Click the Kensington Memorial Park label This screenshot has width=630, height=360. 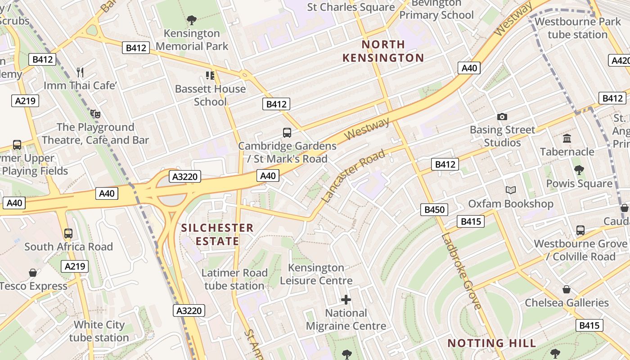point(192,40)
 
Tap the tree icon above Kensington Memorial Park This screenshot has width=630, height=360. point(192,20)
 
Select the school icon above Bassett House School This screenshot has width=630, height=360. point(210,75)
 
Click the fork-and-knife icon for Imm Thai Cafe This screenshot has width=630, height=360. point(80,72)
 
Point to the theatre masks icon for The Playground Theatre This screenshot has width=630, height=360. point(94,113)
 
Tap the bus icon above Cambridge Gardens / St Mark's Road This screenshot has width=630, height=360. point(287,132)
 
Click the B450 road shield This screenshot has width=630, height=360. point(434,209)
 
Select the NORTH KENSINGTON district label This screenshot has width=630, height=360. point(383,51)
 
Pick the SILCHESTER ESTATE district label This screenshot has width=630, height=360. point(217,234)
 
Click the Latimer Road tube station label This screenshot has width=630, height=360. point(234,279)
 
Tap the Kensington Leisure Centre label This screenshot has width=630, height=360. point(316,274)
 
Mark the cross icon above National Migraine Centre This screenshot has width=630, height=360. point(346,299)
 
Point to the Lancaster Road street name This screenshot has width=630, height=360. point(354,175)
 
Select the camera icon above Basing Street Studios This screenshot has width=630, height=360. point(502,117)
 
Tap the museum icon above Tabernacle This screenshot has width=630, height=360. point(567,138)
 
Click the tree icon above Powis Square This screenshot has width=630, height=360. point(579,170)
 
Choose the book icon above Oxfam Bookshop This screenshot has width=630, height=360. point(510,190)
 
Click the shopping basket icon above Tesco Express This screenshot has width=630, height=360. point(33,273)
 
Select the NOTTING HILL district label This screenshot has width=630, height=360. point(492,343)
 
